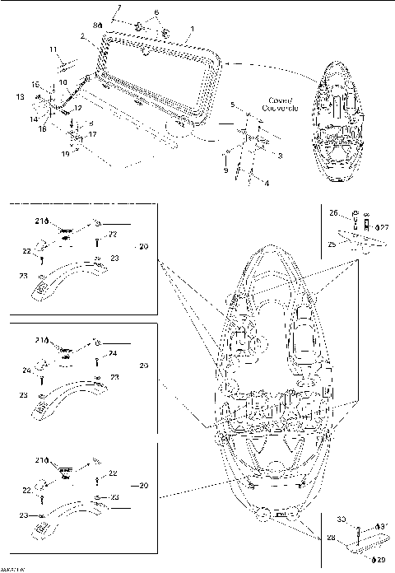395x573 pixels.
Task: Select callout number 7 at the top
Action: pos(118,8)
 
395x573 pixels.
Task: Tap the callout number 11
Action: pos(53,50)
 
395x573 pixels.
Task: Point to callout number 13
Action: pos(20,96)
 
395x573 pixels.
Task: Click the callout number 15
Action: pos(35,86)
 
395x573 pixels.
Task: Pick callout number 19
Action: pos(65,153)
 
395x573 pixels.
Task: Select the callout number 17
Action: pos(92,134)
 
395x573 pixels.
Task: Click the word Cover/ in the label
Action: pos(275,100)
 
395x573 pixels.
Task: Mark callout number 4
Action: pos(265,182)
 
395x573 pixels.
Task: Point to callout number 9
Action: pos(225,170)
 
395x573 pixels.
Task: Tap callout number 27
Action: pos(383,226)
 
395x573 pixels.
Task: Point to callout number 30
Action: pos(342,519)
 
